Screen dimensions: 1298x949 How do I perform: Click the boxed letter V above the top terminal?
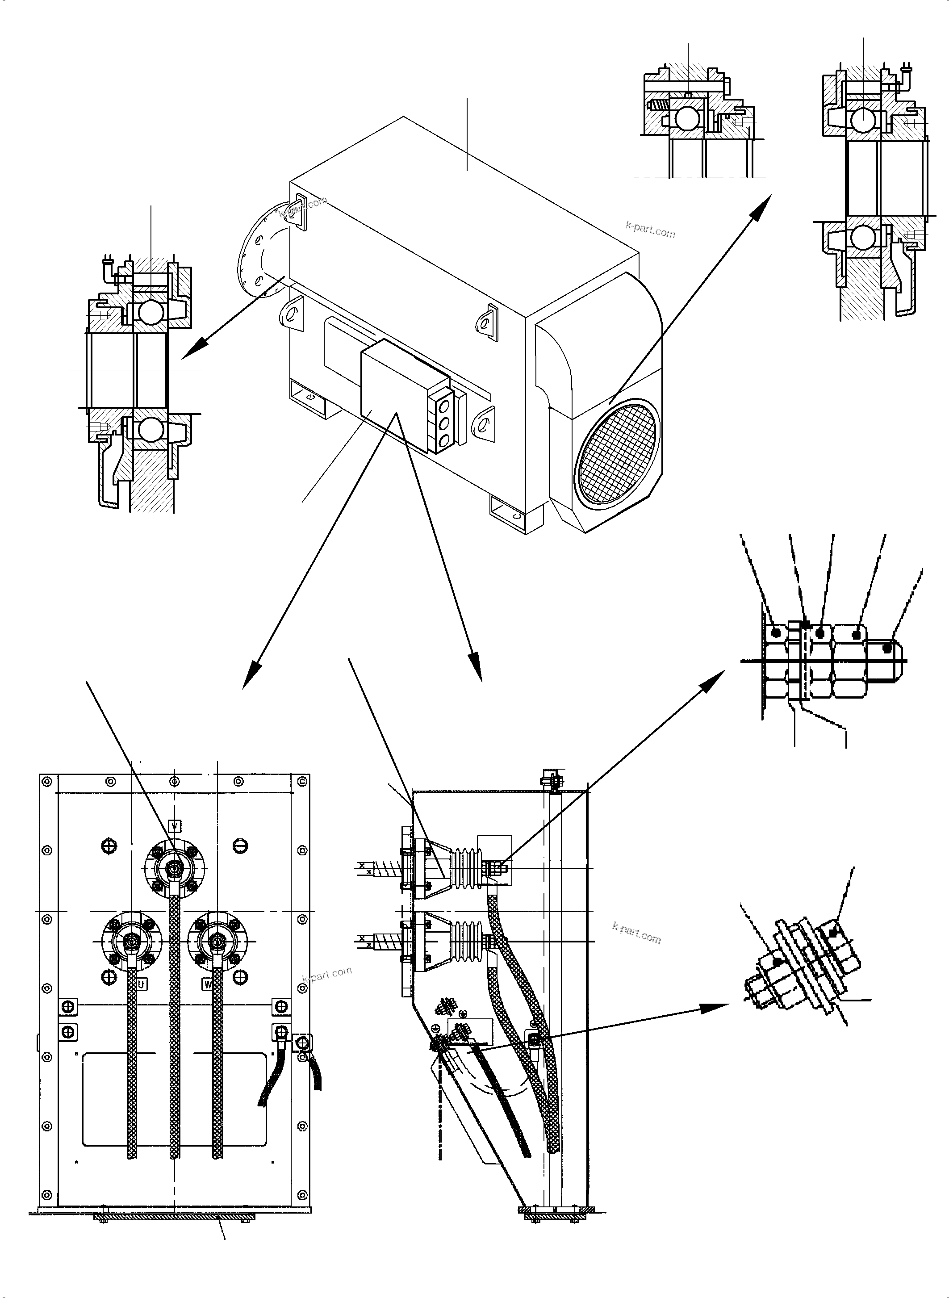pos(175,825)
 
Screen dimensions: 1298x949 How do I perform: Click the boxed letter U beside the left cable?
pos(141,984)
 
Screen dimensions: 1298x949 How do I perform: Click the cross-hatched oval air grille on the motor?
pos(617,452)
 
